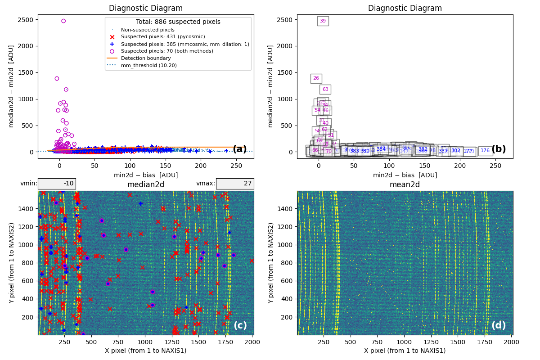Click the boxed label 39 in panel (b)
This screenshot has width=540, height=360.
point(323,21)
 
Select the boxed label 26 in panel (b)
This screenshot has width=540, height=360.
point(316,78)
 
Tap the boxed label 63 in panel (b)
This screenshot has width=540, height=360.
point(325,90)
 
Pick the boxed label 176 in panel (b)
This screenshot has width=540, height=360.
point(485,151)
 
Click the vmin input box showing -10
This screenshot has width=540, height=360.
point(57,184)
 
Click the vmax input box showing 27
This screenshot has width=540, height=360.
point(234,184)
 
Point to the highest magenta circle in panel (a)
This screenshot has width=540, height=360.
point(63,21)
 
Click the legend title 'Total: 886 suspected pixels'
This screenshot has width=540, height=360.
point(178,22)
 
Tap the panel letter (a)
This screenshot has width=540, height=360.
point(239,149)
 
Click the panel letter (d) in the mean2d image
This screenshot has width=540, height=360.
point(499,325)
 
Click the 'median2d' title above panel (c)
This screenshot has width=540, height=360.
point(146,184)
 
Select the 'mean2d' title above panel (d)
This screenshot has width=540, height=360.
point(405,184)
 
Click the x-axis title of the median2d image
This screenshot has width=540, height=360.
point(146,351)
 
